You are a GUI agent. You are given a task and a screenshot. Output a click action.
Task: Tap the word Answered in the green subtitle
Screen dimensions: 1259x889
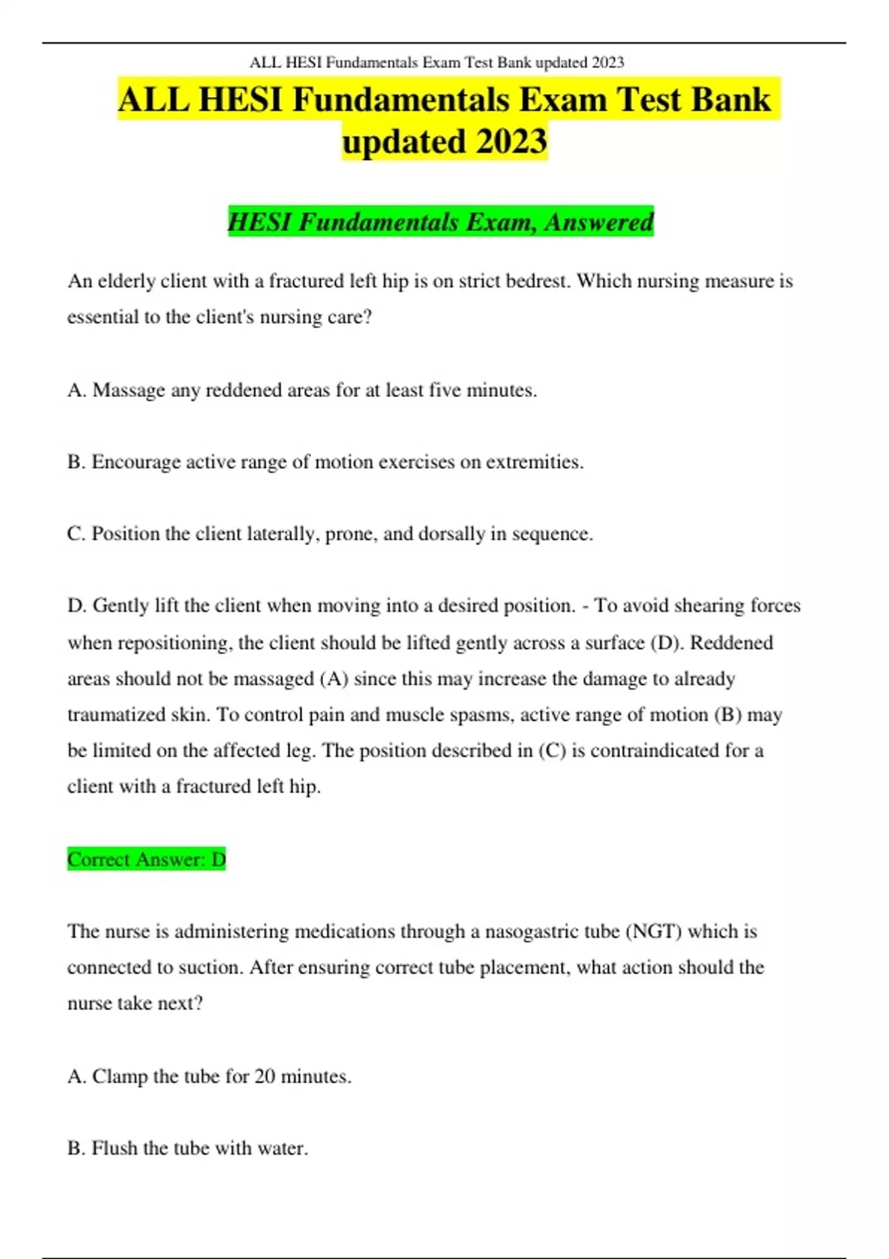[x=599, y=221]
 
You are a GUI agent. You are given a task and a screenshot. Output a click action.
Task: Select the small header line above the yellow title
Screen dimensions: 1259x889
[x=436, y=62]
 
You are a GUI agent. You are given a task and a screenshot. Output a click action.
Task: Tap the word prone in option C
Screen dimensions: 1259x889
[x=349, y=534]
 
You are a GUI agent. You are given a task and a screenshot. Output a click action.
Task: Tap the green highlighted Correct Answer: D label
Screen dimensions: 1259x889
[x=146, y=859]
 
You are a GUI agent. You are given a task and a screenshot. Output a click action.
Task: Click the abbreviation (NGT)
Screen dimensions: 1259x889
[x=653, y=931]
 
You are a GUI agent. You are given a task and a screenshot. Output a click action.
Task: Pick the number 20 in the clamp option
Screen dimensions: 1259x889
[x=264, y=1076]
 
